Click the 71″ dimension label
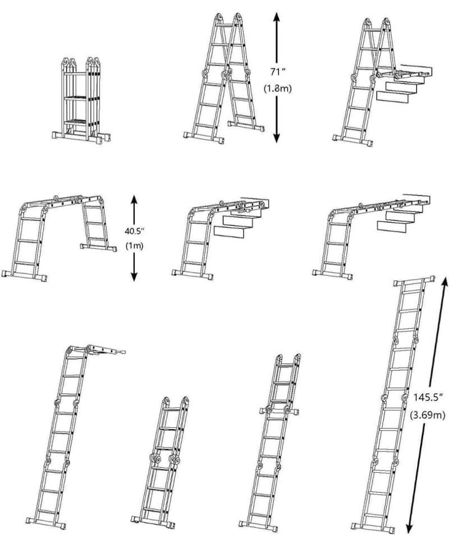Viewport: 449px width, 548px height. [278, 72]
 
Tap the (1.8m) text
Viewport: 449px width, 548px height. [277, 89]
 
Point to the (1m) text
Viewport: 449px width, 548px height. [135, 246]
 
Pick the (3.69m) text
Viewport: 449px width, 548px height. [428, 415]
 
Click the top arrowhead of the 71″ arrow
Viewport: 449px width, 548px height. [276, 17]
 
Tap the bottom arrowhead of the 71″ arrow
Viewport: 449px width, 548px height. [276, 137]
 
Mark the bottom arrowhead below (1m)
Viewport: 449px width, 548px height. [134, 277]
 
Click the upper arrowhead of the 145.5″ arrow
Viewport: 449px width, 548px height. [445, 282]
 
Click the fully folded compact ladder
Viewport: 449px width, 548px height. [81, 100]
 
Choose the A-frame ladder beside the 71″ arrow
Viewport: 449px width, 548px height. [224, 78]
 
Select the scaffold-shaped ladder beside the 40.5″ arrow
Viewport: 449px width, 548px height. [59, 238]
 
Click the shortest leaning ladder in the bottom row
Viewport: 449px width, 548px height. [160, 462]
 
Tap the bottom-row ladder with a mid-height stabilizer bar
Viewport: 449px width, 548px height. [269, 443]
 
